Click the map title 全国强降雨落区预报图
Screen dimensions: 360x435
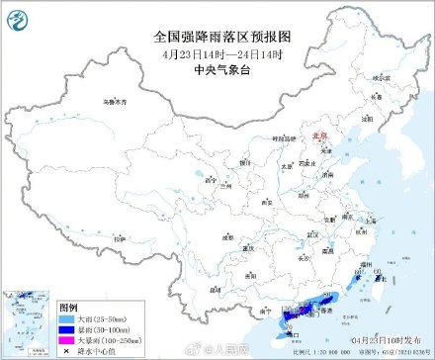pos(217,36)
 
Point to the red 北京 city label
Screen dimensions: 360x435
pos(318,139)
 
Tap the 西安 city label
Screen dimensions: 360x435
pos(265,201)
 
